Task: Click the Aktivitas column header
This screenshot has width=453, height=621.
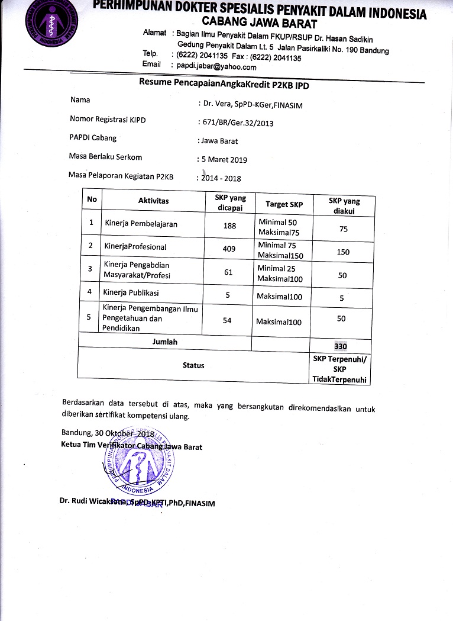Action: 153,201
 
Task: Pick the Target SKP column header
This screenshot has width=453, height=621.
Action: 284,204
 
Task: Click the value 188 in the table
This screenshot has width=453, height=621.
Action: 229,226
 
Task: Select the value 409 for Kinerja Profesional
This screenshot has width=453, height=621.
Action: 229,249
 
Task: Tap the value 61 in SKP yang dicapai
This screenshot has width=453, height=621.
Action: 229,272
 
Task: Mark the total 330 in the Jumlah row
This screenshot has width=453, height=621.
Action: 340,346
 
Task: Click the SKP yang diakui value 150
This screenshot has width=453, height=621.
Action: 343,252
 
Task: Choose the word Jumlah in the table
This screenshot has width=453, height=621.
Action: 165,342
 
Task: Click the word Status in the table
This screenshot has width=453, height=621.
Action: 193,365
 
